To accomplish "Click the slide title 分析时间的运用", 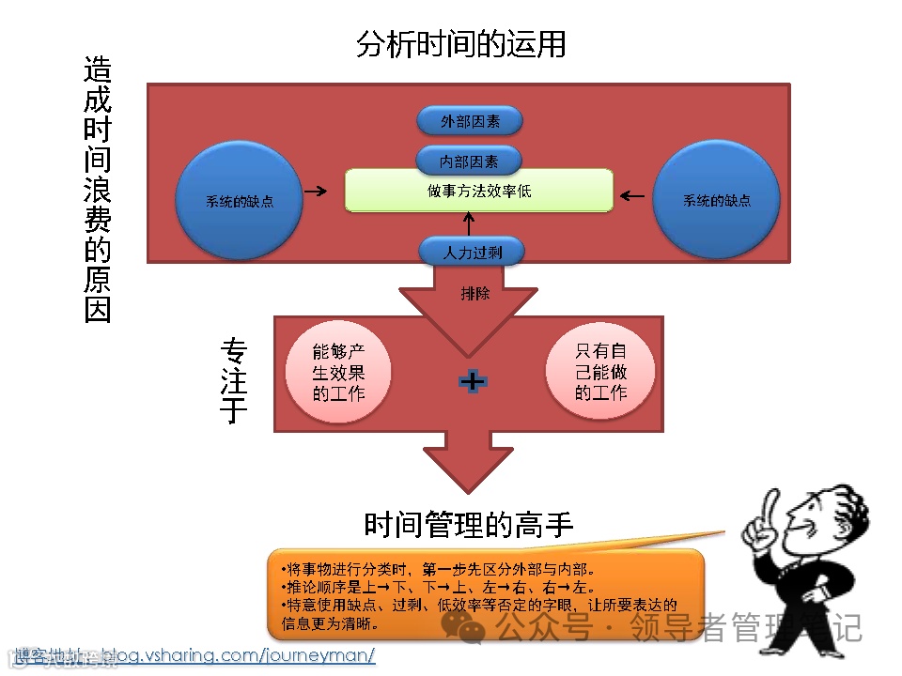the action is click(460, 44).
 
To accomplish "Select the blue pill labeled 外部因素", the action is click(470, 121).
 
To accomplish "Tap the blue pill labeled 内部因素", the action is click(470, 161).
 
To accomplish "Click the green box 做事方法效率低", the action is click(478, 191).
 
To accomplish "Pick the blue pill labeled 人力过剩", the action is click(470, 252).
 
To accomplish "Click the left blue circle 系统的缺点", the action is click(240, 200).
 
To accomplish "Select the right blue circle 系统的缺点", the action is click(716, 200).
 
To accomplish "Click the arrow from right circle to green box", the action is click(632, 196).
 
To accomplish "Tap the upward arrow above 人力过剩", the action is click(469, 224).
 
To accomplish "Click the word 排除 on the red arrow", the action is click(475, 293).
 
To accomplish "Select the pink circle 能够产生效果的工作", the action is click(337, 372).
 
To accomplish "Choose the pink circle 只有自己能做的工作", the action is click(600, 372).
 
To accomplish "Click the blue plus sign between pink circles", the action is click(472, 380).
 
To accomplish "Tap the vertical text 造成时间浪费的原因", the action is click(98, 189).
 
